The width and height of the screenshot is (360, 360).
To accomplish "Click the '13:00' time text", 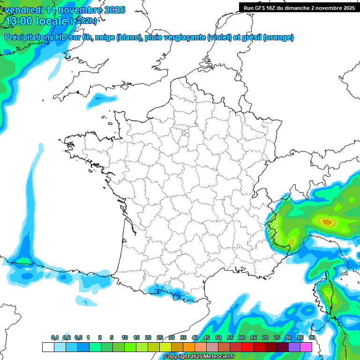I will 19,21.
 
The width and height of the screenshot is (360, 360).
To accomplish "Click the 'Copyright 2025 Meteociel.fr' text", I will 199,356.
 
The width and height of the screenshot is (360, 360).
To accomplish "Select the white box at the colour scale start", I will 48,347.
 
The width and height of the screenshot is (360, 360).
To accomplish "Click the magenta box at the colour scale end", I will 306,347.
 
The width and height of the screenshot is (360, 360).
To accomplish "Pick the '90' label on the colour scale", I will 312,337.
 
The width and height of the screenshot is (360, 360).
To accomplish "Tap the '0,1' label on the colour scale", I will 55,337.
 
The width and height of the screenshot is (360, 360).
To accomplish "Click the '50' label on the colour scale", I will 218,337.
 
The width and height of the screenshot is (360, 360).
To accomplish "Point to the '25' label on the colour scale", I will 160,337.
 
